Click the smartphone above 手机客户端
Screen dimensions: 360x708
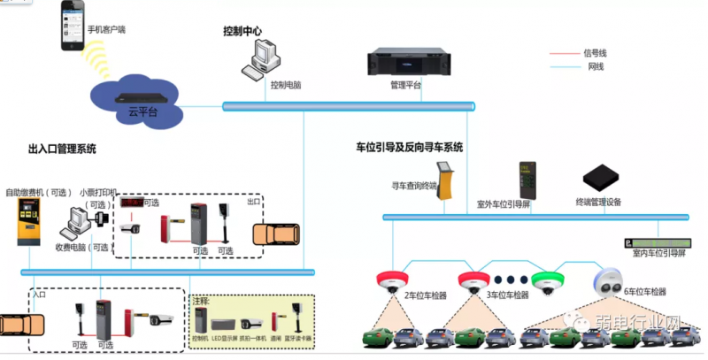pyautogui.click(x=73, y=19)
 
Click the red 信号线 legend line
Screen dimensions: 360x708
pyautogui.click(x=563, y=53)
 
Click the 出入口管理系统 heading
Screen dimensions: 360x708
pyautogui.click(x=62, y=149)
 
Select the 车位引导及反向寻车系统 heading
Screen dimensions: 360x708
pyautogui.click(x=409, y=147)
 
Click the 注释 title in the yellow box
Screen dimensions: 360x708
pyautogui.click(x=203, y=301)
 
